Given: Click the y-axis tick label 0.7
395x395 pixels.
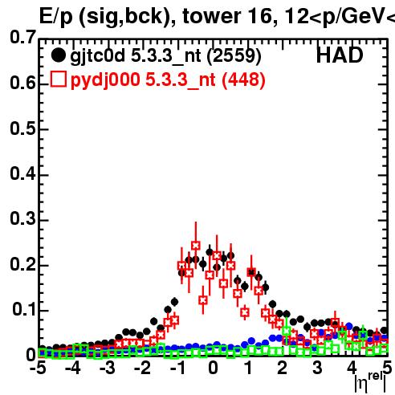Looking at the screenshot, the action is pos(22,37).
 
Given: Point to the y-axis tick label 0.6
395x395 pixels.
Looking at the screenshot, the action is pos(22,83).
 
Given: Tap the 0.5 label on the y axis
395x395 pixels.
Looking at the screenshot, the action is pos(22,128).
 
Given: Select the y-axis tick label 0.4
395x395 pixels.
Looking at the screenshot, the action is pos(22,173).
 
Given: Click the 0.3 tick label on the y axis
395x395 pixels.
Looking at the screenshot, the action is pos(22,218).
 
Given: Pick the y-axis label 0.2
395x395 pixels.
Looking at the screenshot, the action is pos(22,264).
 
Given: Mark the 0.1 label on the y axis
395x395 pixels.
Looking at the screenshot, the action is pos(24,309).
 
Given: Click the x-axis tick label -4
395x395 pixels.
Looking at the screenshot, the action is pos(73,368).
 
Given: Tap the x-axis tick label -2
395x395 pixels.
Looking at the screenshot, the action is pos(142,368).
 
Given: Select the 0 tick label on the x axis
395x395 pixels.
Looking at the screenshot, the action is pos(213,368).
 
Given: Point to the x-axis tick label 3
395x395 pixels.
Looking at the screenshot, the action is pos(317,368).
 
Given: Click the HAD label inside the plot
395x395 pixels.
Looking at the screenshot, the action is pos(340,55).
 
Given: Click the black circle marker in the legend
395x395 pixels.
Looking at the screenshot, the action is pos(58,55).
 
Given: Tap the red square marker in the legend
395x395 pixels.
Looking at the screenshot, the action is pos(59,79).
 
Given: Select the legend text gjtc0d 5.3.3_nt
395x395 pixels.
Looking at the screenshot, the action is pos(136,56).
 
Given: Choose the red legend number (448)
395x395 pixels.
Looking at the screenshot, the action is pos(243,79).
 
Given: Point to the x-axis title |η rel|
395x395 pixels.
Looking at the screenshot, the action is pos(370,381).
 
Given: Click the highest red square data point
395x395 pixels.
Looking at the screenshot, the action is pos(196,246).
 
